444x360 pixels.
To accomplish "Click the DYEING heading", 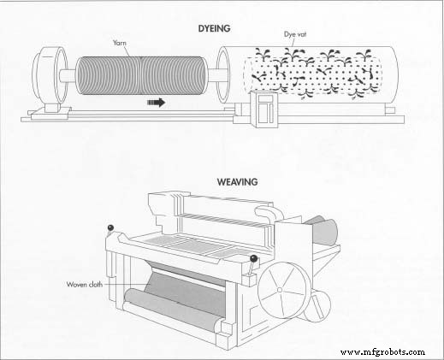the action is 214,29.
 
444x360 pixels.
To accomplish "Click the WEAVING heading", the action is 237,182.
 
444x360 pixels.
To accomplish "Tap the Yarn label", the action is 120,43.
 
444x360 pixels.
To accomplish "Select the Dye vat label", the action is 295,34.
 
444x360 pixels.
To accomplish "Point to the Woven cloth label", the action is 85,284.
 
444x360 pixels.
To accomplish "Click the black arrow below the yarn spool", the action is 157,103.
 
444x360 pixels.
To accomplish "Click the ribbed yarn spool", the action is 140,75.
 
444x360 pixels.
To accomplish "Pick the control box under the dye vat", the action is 264,109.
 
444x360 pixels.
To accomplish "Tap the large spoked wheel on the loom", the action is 283,290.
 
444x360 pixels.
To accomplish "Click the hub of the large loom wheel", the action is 280,290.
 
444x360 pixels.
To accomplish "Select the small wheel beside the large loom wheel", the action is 317,305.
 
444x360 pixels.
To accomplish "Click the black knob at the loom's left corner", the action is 110,227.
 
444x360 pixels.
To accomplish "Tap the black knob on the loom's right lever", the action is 253,259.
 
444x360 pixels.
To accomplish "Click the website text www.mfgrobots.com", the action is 382,352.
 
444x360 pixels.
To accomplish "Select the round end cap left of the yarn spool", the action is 50,75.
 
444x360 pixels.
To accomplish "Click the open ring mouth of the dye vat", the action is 222,75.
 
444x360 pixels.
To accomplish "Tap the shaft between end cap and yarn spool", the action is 68,76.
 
